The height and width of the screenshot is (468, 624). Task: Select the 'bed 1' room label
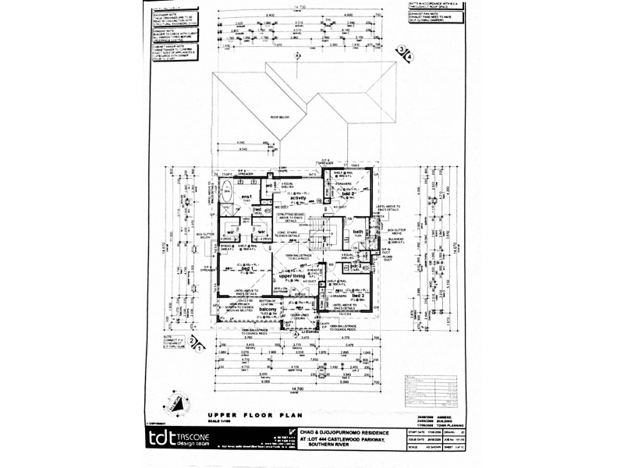click(246, 268)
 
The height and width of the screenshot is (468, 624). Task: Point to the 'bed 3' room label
click(359, 297)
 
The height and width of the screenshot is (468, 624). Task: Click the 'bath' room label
click(359, 232)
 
